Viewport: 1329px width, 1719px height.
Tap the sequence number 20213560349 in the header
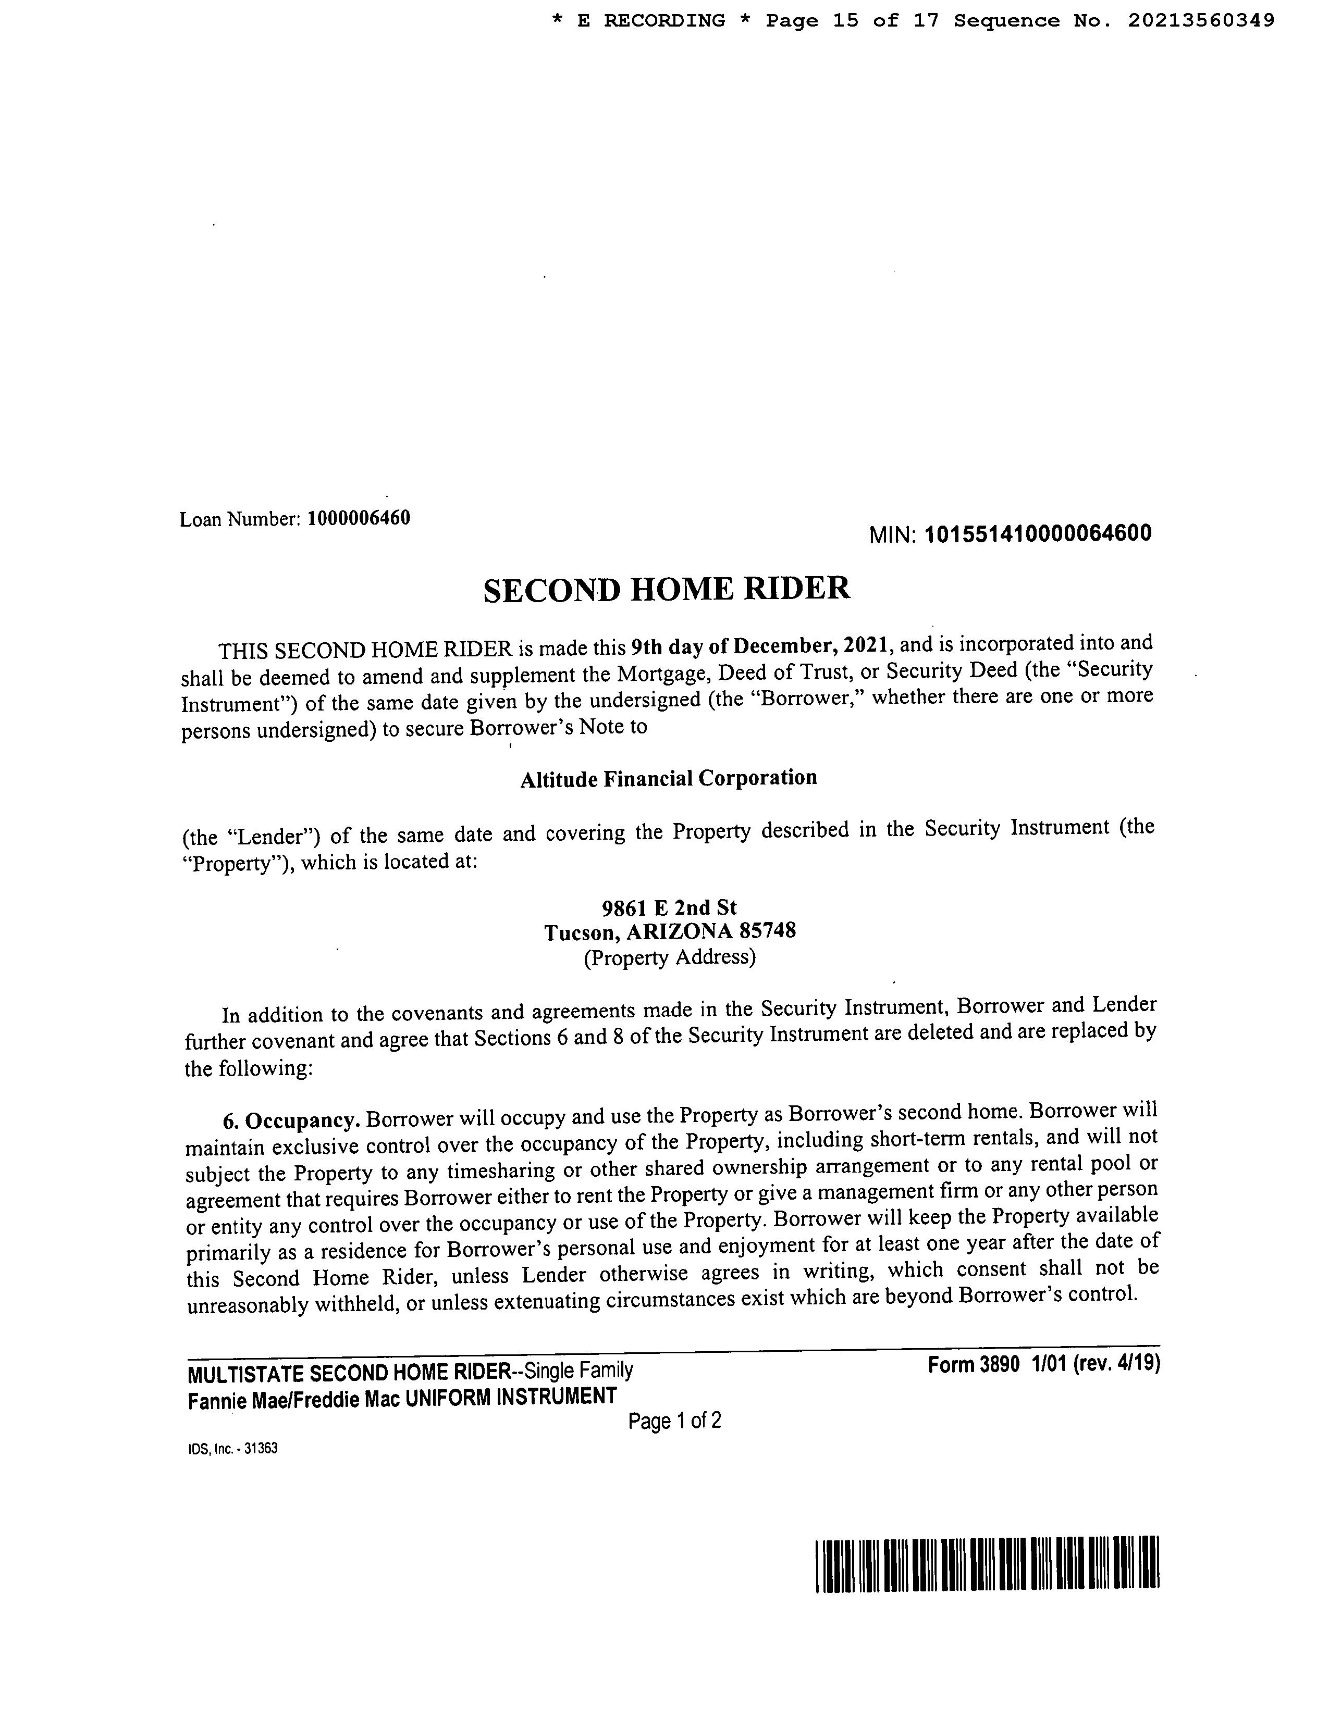(1201, 21)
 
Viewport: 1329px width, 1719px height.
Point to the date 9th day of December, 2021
(760, 647)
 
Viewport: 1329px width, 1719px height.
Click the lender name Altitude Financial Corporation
(669, 778)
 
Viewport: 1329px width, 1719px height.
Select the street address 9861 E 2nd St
(669, 907)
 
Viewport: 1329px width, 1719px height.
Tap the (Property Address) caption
(669, 958)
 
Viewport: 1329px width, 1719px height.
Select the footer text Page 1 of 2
(675, 1421)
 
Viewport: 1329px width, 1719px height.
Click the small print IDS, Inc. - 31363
(233, 1448)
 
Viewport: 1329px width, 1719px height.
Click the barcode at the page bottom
(987, 1565)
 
